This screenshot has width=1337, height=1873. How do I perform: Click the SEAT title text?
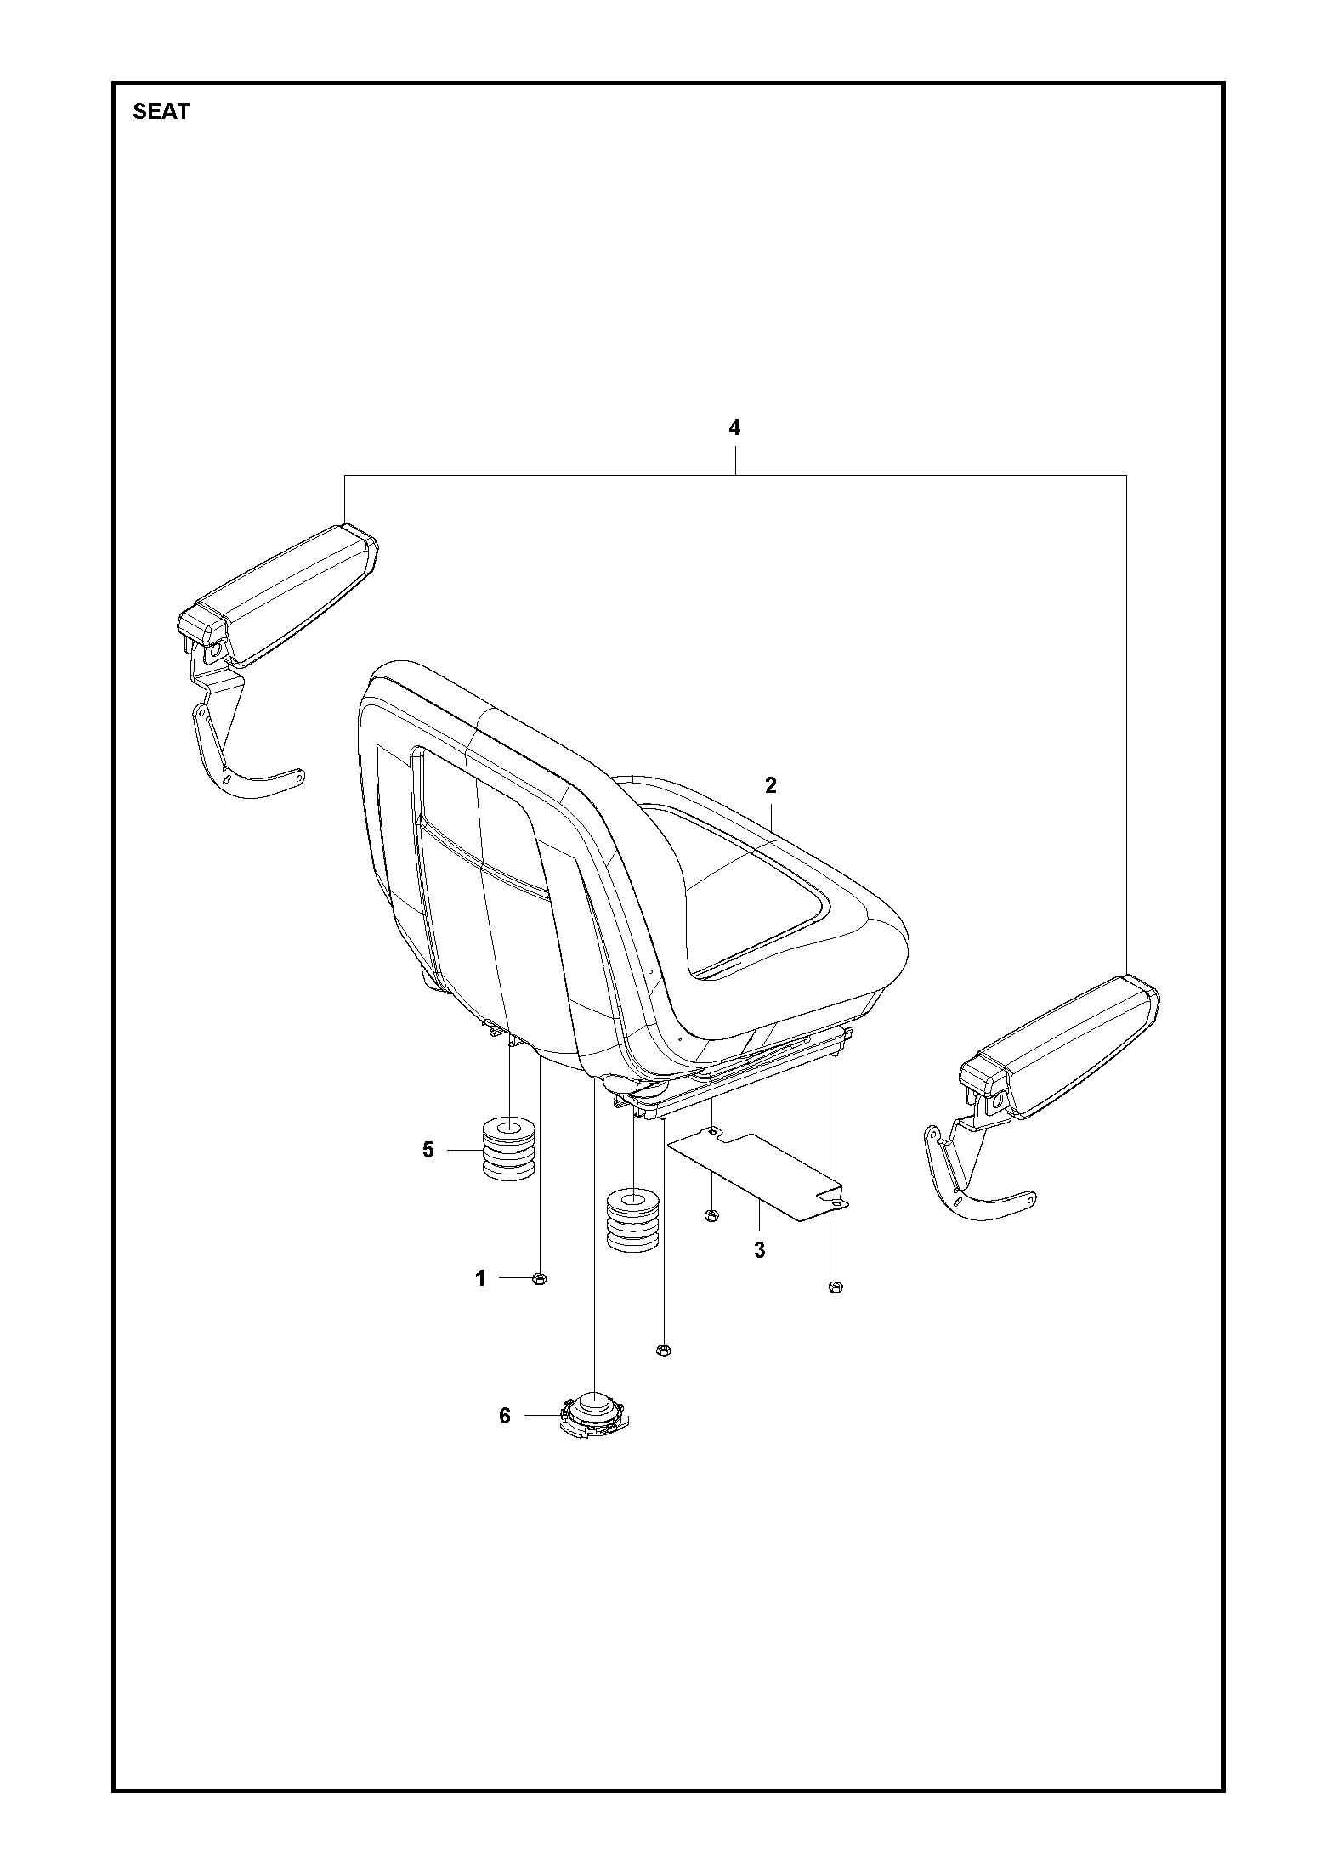click(161, 111)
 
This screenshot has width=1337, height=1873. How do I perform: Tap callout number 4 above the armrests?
click(734, 427)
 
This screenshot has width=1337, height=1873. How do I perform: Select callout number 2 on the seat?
click(770, 785)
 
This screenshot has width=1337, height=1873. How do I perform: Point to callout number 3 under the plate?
click(759, 1250)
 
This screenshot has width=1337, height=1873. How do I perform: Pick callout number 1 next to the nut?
click(480, 1302)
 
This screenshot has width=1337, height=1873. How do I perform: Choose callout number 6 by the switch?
click(505, 1416)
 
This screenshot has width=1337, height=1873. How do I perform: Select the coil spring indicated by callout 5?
click(508, 1149)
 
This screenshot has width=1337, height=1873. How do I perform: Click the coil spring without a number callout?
click(633, 1219)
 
